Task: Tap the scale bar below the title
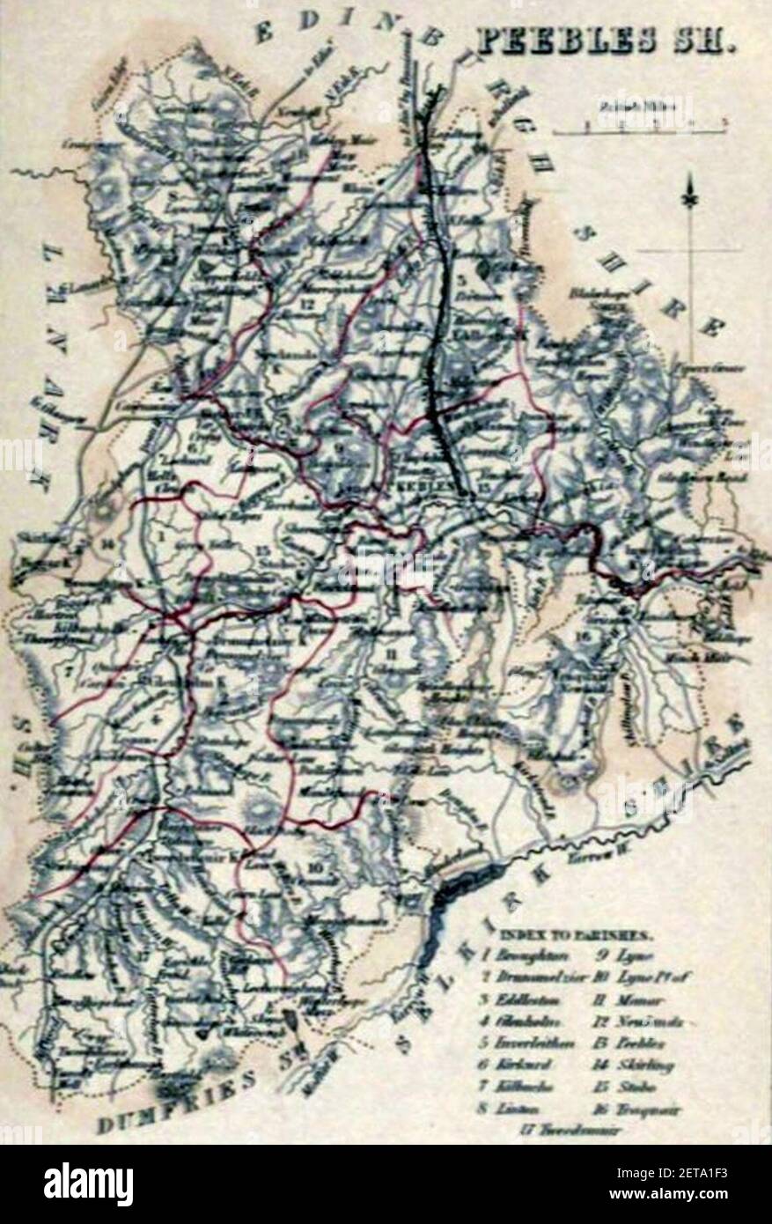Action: pyautogui.click(x=641, y=129)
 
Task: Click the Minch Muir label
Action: pyautogui.click(x=707, y=657)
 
